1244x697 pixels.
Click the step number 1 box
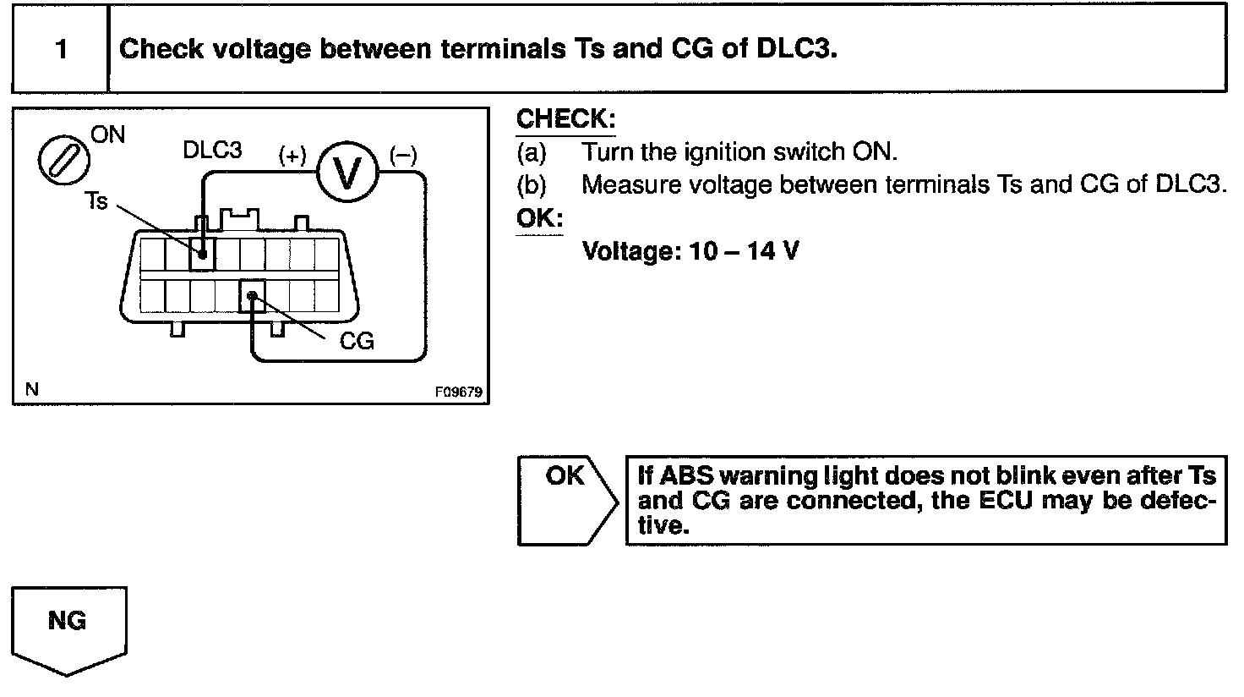(x=60, y=49)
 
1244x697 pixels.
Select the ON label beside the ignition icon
(x=108, y=135)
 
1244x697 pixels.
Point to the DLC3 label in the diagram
(x=212, y=151)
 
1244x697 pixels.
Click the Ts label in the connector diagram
(x=96, y=201)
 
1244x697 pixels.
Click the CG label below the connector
(x=356, y=341)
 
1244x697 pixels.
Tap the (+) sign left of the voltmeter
(x=292, y=156)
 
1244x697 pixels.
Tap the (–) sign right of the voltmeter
(x=402, y=156)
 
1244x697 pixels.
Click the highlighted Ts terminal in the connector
(x=203, y=252)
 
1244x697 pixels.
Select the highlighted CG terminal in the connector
(x=252, y=296)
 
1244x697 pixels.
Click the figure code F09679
(x=458, y=392)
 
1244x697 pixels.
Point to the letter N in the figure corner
(x=31, y=390)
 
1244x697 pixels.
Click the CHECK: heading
(x=565, y=118)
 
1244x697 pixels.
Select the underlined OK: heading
(x=539, y=219)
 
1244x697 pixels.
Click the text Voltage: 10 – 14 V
(x=690, y=251)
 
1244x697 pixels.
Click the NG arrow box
(x=68, y=626)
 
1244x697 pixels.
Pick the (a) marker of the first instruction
(x=532, y=152)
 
